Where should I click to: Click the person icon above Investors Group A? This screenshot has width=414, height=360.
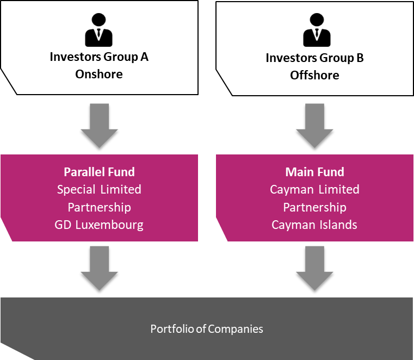coord(99,30)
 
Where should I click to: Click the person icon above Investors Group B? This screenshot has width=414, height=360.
coord(317,30)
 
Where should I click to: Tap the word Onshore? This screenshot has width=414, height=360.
coord(99,74)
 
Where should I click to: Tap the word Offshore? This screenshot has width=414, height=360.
coord(315,75)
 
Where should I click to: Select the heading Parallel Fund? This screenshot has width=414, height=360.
coord(99,172)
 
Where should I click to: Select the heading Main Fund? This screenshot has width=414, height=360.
coord(315,172)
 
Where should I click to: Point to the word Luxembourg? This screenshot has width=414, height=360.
coord(109,225)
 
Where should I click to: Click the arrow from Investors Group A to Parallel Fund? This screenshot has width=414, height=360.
coord(99,126)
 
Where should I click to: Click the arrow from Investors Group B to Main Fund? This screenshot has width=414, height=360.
coord(314,126)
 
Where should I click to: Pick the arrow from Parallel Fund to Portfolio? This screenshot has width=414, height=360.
coord(99,269)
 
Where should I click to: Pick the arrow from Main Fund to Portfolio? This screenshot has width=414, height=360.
coord(314,269)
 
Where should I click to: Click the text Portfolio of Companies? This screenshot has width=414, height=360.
coord(207,329)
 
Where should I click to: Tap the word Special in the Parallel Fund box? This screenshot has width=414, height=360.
coord(76,190)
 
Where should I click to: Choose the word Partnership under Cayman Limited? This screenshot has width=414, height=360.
coord(315,207)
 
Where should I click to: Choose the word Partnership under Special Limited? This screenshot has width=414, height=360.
coord(99,207)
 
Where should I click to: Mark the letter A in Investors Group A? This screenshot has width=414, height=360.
coord(144,57)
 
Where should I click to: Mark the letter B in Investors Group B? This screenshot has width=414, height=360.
coord(360,58)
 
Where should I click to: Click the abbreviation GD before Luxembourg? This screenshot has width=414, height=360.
coord(63,225)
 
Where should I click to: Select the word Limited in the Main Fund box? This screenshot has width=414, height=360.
coord(339,189)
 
